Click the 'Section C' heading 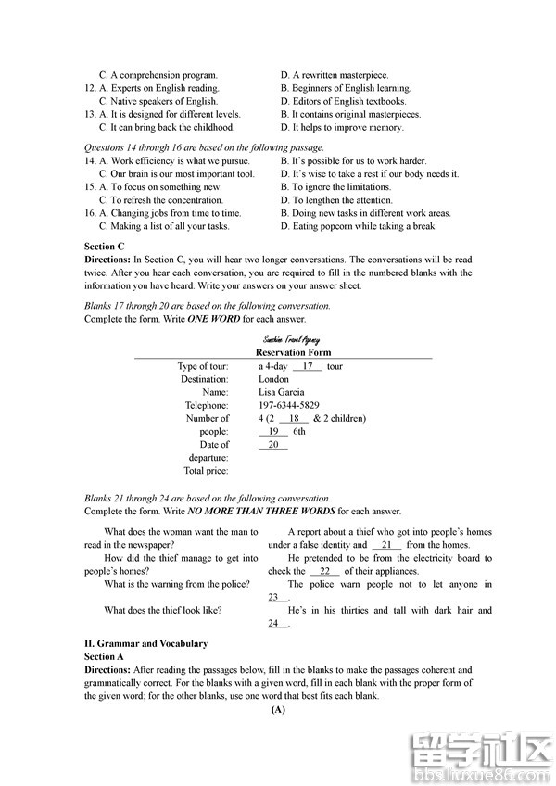click(x=105, y=247)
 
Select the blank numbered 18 click(x=294, y=418)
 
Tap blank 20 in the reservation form click(x=273, y=444)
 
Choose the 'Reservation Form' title click(x=293, y=352)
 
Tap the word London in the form click(x=274, y=379)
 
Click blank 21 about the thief click(x=386, y=545)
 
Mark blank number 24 click(x=276, y=624)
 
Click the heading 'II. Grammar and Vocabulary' click(x=145, y=643)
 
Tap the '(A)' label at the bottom click(x=278, y=710)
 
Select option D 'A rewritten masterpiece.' click(x=334, y=75)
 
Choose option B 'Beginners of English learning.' click(x=346, y=88)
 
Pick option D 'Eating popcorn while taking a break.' click(x=359, y=226)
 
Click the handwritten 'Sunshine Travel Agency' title click(x=291, y=340)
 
